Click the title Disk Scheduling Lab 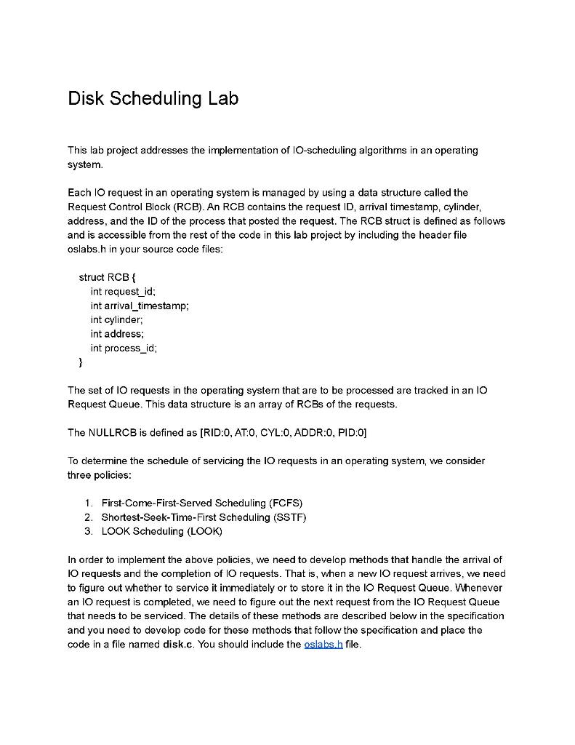click(x=153, y=98)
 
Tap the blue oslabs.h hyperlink click(x=324, y=645)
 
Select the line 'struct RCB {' click(x=108, y=277)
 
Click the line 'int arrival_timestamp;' click(x=140, y=306)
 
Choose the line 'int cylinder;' click(x=116, y=319)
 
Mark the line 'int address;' click(x=117, y=334)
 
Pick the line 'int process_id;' click(x=124, y=348)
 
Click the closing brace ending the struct click(x=81, y=362)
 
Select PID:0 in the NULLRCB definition click(x=350, y=433)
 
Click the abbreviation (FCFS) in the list click(x=286, y=503)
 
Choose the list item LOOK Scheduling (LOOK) click(x=161, y=531)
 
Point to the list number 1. click(x=88, y=503)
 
